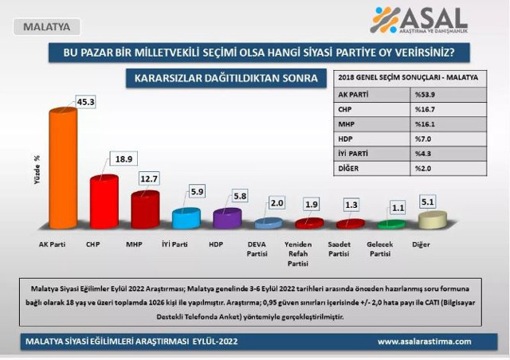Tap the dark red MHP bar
(x=145, y=209)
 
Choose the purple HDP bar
(x=227, y=219)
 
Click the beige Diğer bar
(x=431, y=220)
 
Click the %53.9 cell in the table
(x=424, y=93)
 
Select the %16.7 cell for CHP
(x=424, y=108)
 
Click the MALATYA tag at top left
(x=45, y=27)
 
